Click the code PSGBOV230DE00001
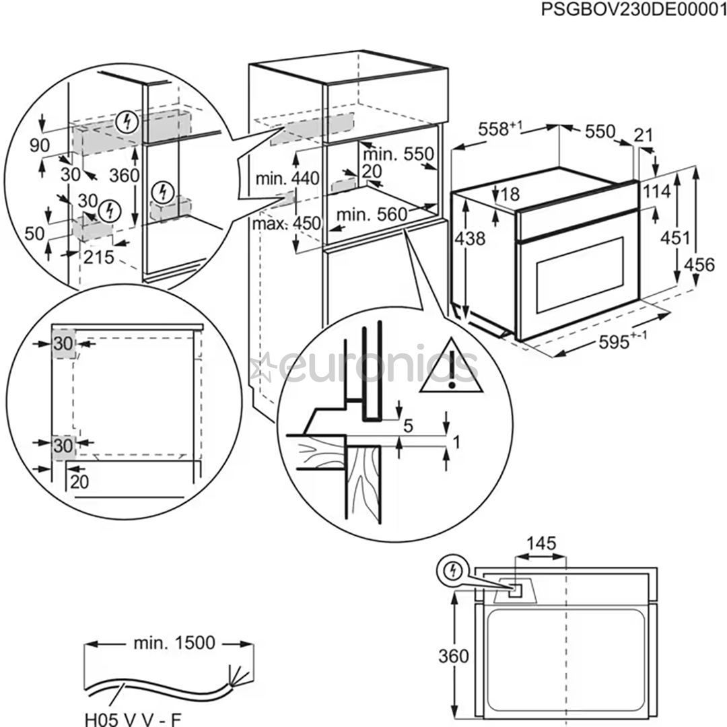tap(632, 11)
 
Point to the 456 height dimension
tap(699, 265)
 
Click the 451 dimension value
tap(674, 237)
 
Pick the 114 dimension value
tap(657, 192)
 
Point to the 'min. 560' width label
tap(372, 215)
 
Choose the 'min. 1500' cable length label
tap(174, 643)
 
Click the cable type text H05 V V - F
tap(133, 720)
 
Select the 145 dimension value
tap(541, 543)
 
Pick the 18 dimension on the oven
tap(511, 195)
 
